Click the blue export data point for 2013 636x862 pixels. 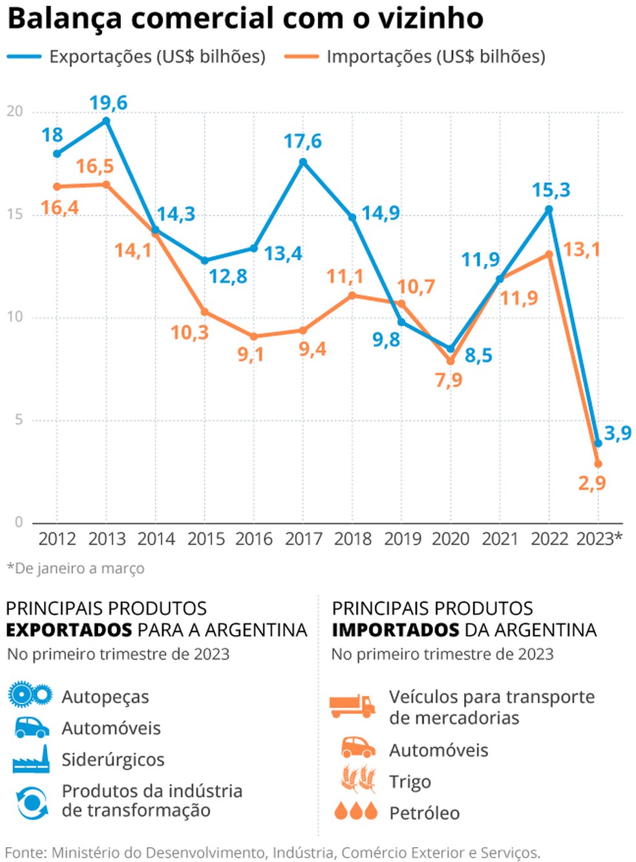tap(107, 121)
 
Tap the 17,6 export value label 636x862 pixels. tap(302, 141)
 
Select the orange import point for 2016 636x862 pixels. tap(254, 336)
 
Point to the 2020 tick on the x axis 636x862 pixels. tap(450, 539)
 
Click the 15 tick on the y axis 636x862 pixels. tap(15, 214)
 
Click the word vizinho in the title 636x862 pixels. tap(430, 18)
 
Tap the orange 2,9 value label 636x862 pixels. tap(592, 483)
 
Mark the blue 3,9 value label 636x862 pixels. tap(617, 433)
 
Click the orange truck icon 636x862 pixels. tap(352, 706)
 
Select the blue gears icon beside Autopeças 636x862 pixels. tap(30, 695)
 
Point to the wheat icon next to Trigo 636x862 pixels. tap(359, 779)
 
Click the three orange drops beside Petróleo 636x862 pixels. tap(355, 811)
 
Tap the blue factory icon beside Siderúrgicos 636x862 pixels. tap(31, 759)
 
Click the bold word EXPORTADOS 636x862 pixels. tap(69, 630)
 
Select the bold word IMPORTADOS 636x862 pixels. tap(395, 630)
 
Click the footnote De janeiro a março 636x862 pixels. tap(76, 568)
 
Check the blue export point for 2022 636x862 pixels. tap(549, 210)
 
